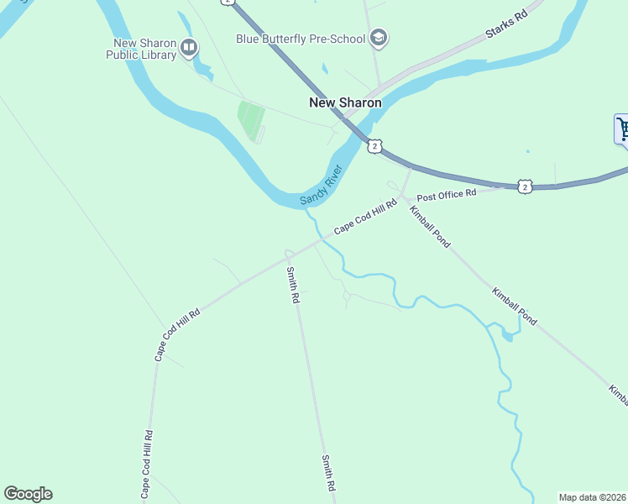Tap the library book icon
(189, 48)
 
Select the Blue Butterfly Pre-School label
(301, 39)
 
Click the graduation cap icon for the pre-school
(379, 37)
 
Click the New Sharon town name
(345, 102)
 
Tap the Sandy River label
(322, 187)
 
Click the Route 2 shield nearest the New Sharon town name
(374, 146)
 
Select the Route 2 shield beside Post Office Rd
(524, 186)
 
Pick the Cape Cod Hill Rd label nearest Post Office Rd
(365, 217)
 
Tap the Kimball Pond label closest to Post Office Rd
(430, 227)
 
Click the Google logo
(28, 494)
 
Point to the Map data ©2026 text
(592, 497)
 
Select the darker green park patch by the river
(250, 119)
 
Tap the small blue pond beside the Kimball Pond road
(509, 335)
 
